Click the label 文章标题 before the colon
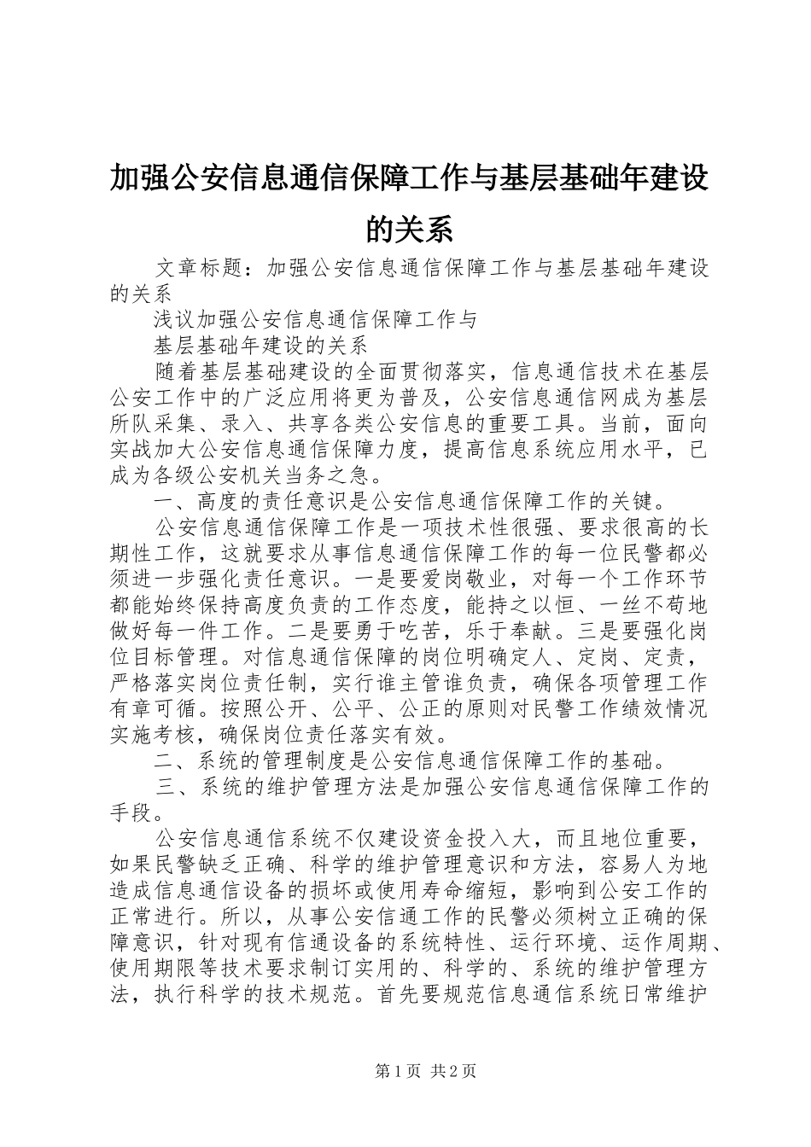click(198, 268)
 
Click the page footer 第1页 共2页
click(406, 1073)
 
